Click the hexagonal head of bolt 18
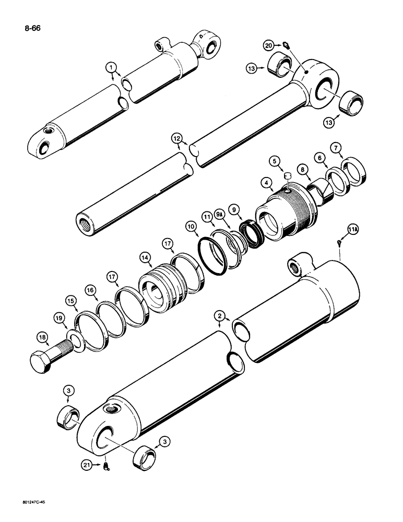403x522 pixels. (42, 362)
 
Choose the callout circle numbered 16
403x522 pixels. (90, 289)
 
